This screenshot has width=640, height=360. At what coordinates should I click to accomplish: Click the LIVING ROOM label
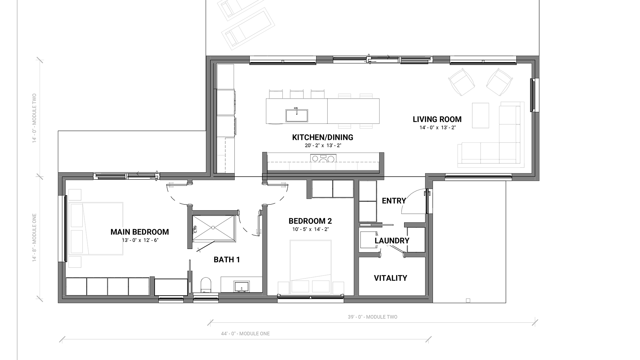[437, 119]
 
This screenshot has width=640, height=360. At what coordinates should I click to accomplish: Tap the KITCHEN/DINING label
[323, 137]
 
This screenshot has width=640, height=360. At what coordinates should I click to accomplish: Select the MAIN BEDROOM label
[140, 232]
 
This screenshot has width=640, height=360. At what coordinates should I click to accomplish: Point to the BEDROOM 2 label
[310, 221]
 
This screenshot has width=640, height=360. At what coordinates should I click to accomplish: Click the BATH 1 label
[227, 260]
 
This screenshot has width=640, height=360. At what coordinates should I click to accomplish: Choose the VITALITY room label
[390, 278]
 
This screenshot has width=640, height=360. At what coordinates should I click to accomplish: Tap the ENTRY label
[394, 201]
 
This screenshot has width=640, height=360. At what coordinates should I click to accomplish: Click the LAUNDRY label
[392, 241]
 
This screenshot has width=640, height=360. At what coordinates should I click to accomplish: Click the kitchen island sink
[297, 115]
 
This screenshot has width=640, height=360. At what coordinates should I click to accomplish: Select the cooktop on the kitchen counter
[323, 158]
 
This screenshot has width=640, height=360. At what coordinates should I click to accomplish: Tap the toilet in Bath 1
[206, 285]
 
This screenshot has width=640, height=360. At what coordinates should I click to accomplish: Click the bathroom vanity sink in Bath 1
[242, 286]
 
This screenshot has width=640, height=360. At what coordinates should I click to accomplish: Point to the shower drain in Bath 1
[213, 228]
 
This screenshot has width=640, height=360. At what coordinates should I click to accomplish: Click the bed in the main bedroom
[96, 228]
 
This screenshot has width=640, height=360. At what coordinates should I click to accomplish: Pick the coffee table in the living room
[480, 116]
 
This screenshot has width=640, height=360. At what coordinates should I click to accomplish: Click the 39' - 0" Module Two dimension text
[372, 317]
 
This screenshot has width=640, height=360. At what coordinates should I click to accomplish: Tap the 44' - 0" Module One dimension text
[245, 333]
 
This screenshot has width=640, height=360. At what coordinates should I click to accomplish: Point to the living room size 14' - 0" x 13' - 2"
[437, 128]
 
